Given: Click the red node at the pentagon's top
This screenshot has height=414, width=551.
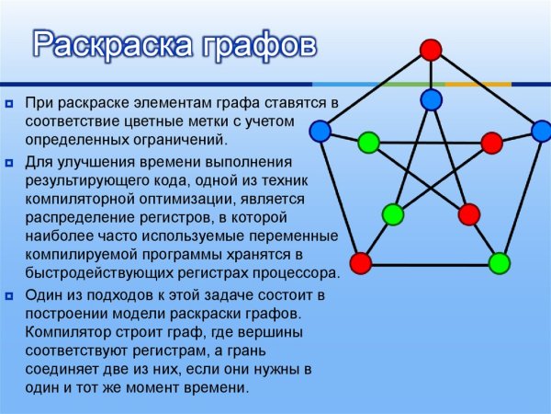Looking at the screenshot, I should click(x=430, y=50).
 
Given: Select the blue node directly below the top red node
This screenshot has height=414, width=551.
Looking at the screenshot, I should click(x=431, y=98).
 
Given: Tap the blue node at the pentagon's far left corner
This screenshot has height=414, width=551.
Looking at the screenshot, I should click(x=320, y=132).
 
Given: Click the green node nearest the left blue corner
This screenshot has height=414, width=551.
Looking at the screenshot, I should click(x=368, y=143).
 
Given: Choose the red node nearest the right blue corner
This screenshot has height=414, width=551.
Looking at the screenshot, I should click(x=492, y=143).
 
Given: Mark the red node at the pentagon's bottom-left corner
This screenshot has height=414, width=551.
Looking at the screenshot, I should click(x=361, y=263).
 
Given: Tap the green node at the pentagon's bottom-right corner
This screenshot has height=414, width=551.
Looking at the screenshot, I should click(x=499, y=264).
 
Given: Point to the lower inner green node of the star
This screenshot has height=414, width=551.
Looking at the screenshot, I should click(x=393, y=215).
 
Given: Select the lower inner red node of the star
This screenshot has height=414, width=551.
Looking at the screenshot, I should click(x=469, y=215).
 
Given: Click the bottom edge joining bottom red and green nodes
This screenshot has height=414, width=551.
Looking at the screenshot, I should click(x=430, y=264).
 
